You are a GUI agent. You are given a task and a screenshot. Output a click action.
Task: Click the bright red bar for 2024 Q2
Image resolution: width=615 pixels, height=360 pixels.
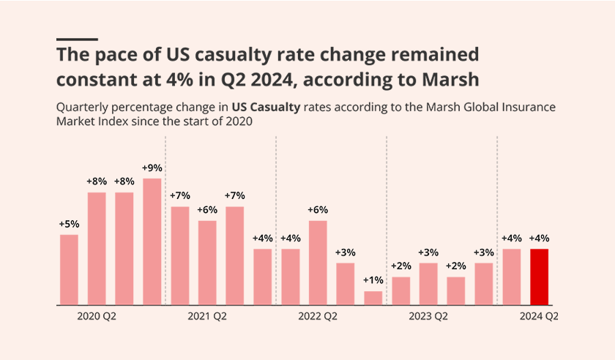[x=540, y=277]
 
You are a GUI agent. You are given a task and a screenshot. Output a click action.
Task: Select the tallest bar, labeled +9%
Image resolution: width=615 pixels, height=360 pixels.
[x=152, y=241]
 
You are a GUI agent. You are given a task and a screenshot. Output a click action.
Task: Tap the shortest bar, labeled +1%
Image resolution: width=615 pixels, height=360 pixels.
[x=373, y=298]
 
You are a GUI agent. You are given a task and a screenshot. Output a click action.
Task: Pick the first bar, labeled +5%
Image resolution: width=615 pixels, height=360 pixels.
[x=69, y=269]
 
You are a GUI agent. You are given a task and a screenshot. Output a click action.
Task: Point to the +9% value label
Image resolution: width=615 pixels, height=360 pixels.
[x=152, y=168]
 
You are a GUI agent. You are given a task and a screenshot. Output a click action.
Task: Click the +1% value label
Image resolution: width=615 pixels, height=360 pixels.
[x=373, y=280]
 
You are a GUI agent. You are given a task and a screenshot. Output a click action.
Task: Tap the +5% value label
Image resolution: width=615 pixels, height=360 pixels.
[x=69, y=224]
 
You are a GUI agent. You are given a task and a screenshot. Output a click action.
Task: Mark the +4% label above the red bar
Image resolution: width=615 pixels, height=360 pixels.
[x=540, y=238]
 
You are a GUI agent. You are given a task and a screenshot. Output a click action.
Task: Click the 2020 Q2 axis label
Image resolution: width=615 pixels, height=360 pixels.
[x=97, y=317]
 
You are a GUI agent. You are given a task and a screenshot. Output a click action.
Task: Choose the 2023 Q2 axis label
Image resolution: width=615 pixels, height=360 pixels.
[x=428, y=317]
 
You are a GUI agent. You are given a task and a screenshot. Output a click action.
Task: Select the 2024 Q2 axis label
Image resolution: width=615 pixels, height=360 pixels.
[x=539, y=317]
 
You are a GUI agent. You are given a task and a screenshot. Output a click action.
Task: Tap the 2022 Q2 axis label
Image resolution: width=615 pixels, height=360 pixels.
[x=318, y=317]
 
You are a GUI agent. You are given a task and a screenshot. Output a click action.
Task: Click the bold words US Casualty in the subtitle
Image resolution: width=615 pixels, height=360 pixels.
[x=266, y=108]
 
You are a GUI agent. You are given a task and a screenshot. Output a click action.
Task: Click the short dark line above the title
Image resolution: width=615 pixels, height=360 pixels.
[x=77, y=39]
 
